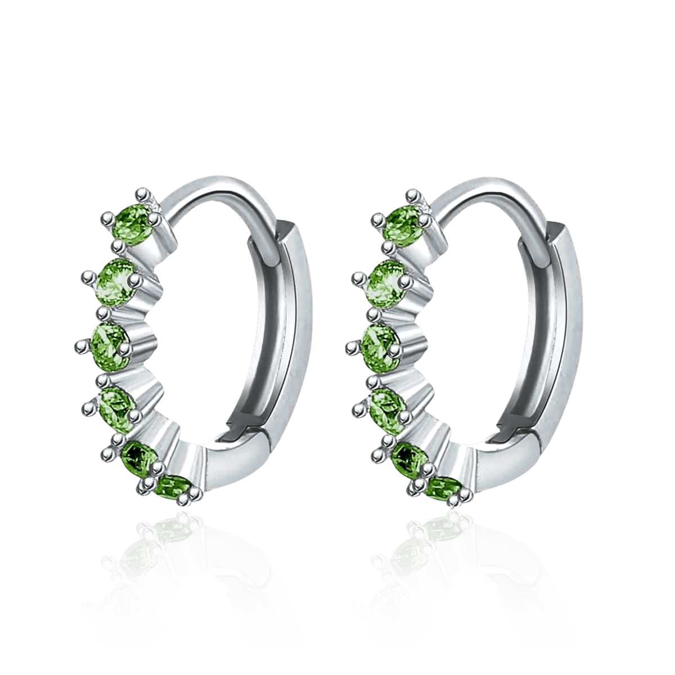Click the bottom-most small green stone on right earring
(x=444, y=487)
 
